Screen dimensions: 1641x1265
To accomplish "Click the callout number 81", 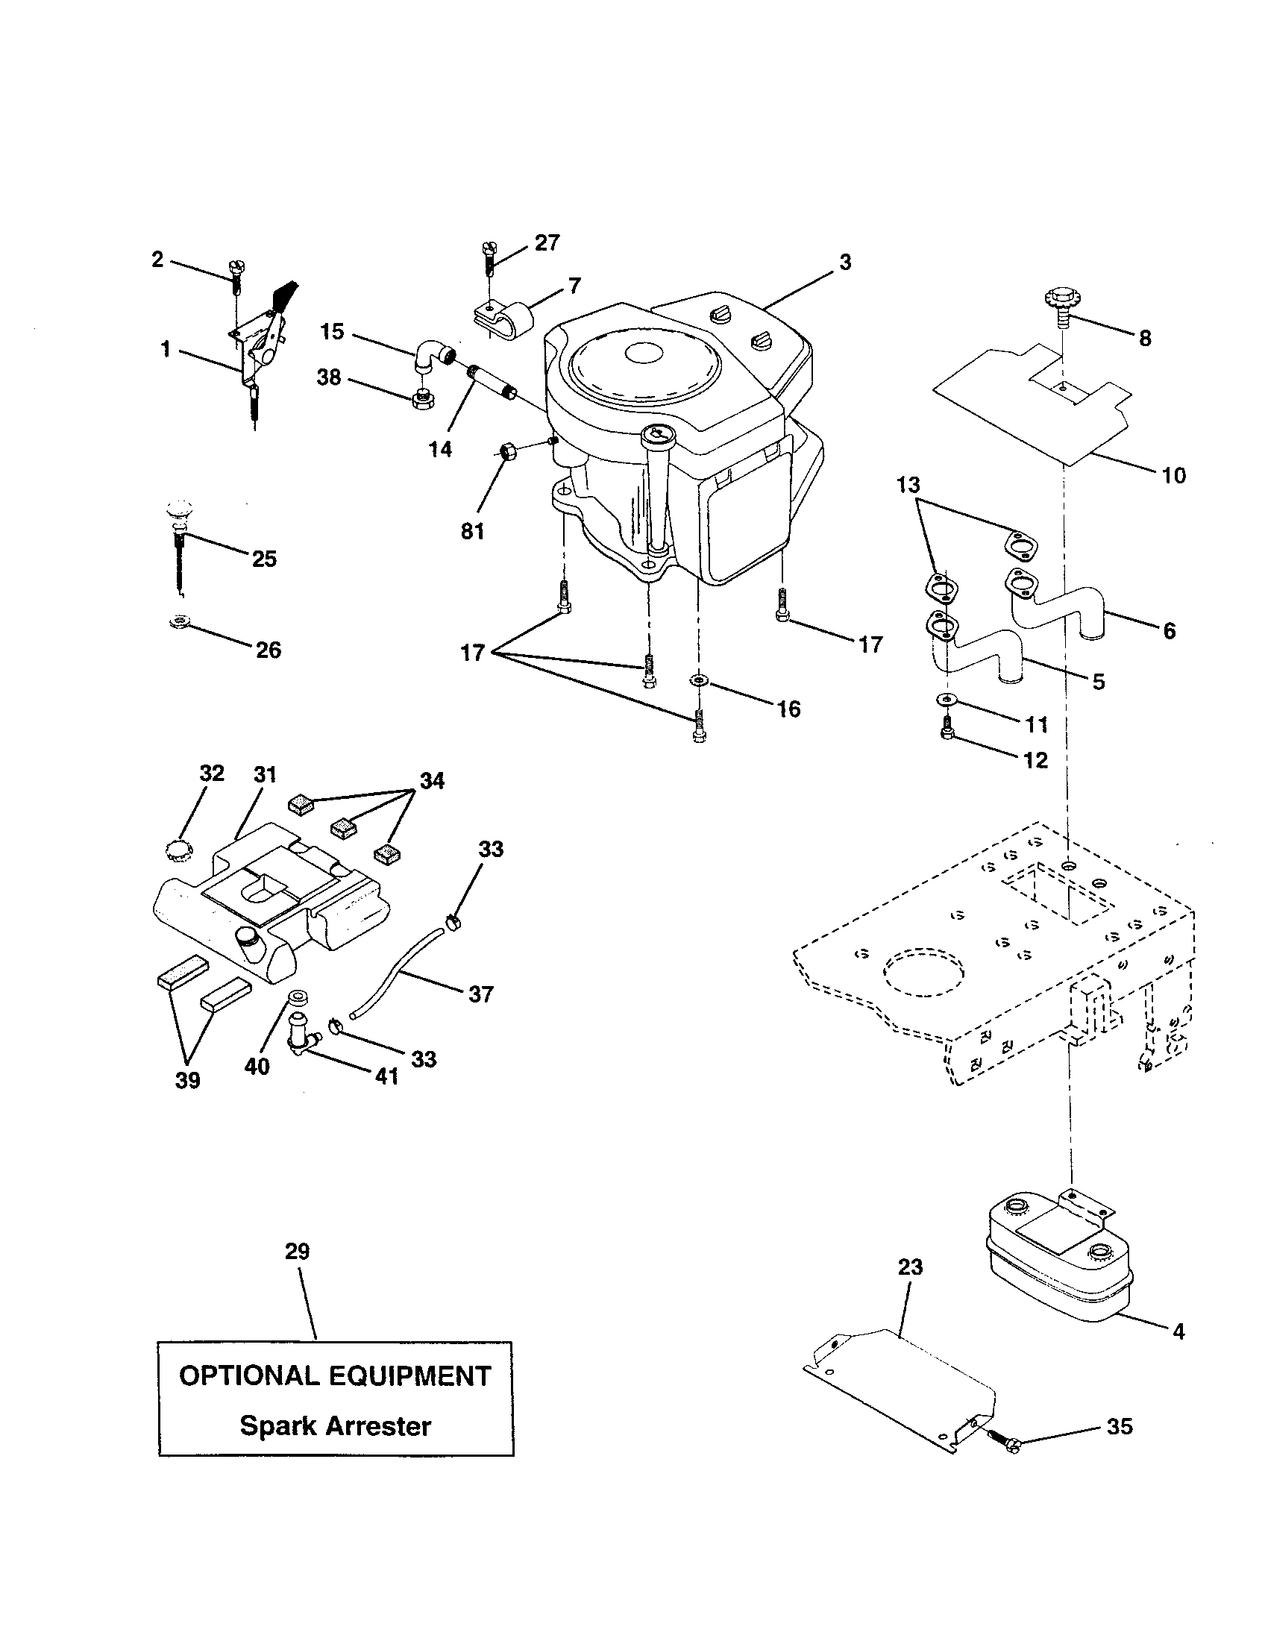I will point(472,531).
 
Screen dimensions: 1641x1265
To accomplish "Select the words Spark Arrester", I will point(335,1425).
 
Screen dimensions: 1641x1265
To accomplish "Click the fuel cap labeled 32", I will point(180,850).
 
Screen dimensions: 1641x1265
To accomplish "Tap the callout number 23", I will point(910,1267).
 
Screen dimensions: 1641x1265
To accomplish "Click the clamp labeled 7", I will point(503,322).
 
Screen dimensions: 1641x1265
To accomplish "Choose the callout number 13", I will point(908,485).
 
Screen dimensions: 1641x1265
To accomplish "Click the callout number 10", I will point(1173,475).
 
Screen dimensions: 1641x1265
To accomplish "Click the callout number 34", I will point(431,781).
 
